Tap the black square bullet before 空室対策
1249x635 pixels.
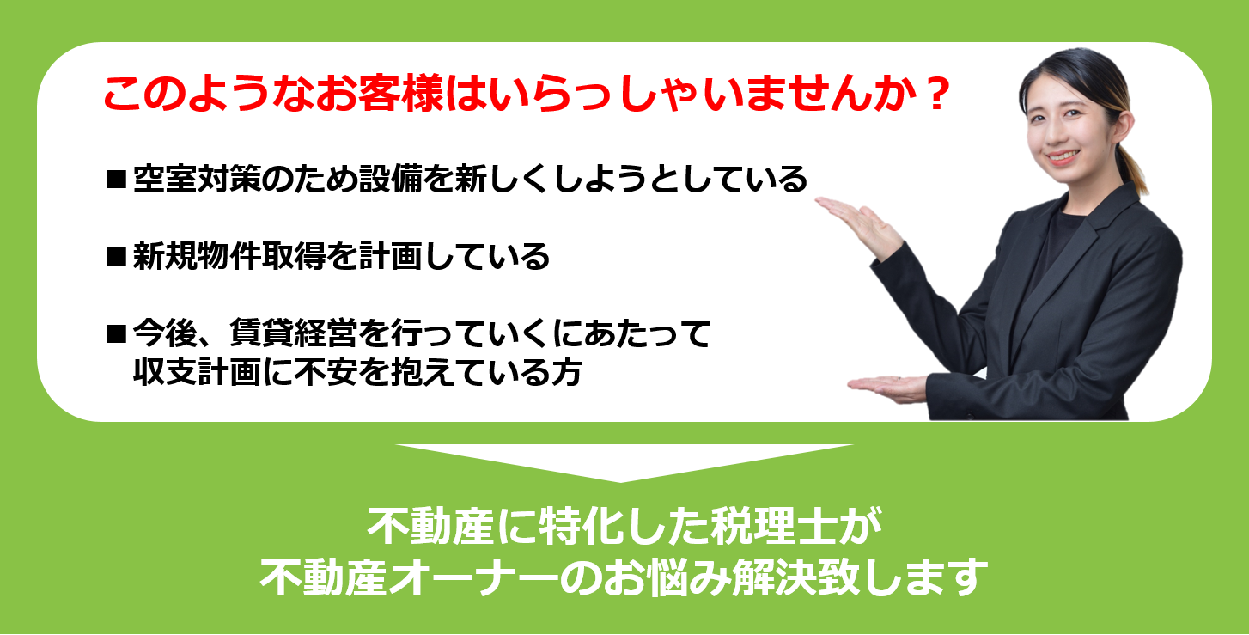click(x=117, y=180)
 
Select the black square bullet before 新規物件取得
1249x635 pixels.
click(x=117, y=257)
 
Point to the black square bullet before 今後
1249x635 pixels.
click(x=117, y=333)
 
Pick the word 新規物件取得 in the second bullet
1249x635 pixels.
click(x=229, y=256)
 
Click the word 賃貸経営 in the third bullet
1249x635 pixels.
click(x=294, y=333)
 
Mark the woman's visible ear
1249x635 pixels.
click(x=1124, y=126)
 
